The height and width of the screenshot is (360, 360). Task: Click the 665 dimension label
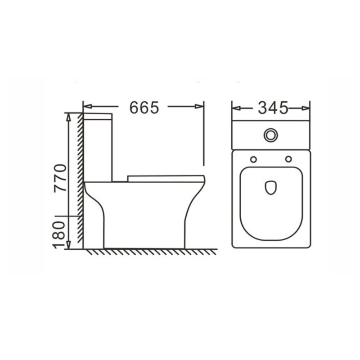click(x=144, y=107)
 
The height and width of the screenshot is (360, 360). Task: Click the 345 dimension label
click(x=273, y=108)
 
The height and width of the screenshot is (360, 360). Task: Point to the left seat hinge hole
click(x=253, y=159)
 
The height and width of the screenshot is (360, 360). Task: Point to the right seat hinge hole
click(x=288, y=159)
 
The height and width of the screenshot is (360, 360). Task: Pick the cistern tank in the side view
click(x=98, y=148)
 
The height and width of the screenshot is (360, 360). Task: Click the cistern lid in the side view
click(x=98, y=116)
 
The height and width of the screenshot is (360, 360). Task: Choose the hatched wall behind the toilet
click(x=79, y=180)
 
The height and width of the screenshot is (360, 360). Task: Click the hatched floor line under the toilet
click(x=148, y=252)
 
